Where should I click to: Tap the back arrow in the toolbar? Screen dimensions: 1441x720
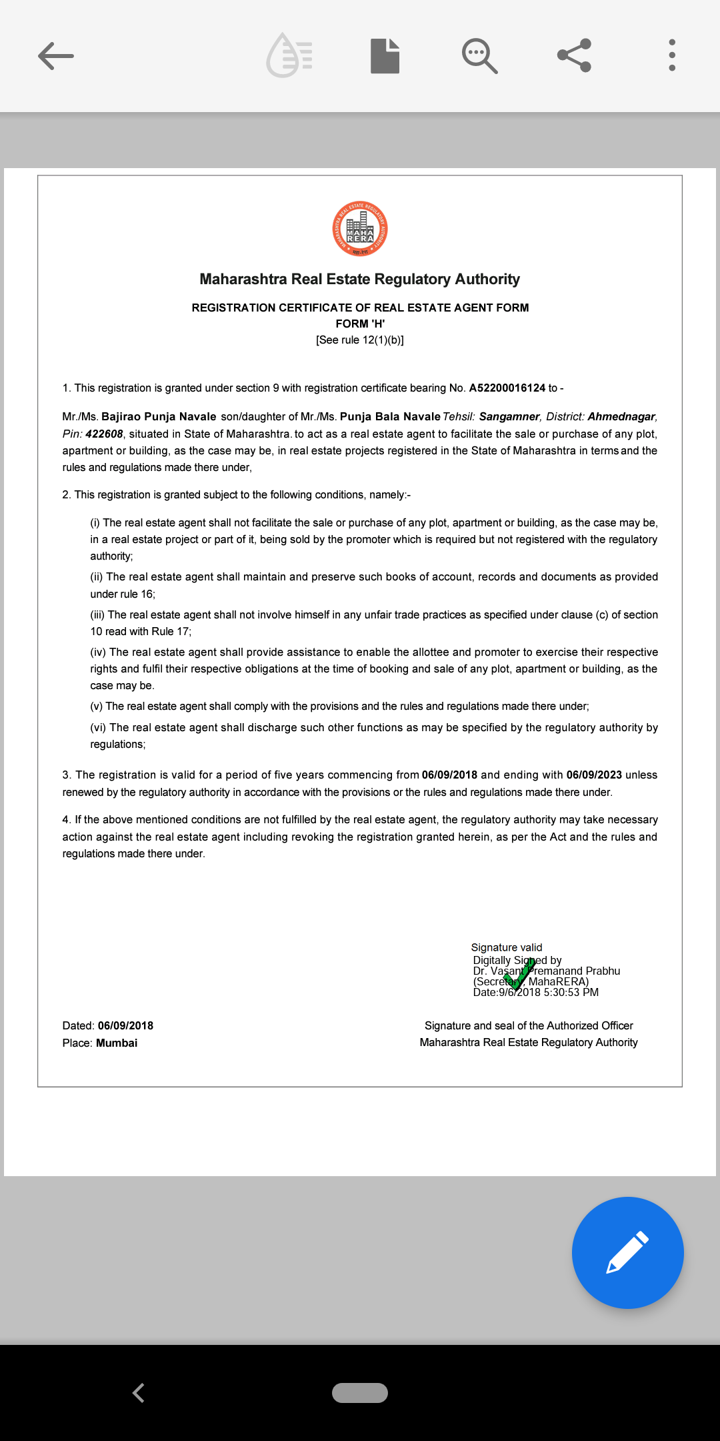click(56, 56)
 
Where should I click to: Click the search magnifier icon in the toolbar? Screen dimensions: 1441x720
click(479, 56)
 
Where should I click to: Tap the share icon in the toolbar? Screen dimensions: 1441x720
click(574, 55)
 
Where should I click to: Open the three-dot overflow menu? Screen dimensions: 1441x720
click(672, 55)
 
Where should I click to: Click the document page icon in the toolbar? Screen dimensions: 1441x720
click(385, 56)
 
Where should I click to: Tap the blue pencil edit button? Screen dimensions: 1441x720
click(627, 1252)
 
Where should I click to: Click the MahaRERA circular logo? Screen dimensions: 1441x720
click(360, 229)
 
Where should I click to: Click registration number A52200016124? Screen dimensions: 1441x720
click(507, 388)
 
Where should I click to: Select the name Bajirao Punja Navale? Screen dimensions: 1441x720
click(159, 417)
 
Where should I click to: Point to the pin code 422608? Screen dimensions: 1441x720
click(105, 434)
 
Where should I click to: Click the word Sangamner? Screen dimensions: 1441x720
click(509, 417)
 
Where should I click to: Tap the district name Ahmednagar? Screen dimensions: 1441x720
click(621, 417)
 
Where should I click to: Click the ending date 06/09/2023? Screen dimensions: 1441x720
click(594, 775)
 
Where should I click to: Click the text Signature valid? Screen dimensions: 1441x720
click(507, 947)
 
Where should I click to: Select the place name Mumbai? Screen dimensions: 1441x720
click(117, 1043)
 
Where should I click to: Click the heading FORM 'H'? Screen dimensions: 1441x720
click(360, 324)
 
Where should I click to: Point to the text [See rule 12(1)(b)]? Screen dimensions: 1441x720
click(360, 340)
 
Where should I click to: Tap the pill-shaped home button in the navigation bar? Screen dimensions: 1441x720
click(360, 1393)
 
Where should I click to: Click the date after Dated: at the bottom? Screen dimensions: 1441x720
click(125, 1026)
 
